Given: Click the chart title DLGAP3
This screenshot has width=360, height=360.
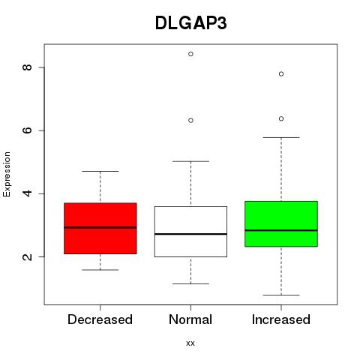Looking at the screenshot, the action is (x=191, y=23).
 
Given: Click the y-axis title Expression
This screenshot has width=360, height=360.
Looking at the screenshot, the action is (x=7, y=174).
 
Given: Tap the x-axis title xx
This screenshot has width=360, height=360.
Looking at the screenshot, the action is (x=190, y=343).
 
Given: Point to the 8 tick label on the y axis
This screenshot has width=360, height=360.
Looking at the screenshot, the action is (x=27, y=67).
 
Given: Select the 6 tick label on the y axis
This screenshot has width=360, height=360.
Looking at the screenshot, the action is (x=27, y=130).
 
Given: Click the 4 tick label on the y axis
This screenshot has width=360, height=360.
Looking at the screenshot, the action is (x=27, y=193).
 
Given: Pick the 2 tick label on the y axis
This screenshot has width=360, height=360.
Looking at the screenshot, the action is (x=27, y=256).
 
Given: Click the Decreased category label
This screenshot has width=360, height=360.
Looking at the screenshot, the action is (x=100, y=319).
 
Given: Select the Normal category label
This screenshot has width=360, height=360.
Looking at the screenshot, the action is (x=190, y=319).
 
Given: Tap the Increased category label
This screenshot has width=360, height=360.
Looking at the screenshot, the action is (x=281, y=319).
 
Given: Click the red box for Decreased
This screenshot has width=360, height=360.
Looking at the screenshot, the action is (x=100, y=228).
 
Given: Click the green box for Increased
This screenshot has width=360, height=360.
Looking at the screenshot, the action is (x=281, y=223).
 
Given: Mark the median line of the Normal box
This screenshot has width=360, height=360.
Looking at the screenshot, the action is (x=190, y=234).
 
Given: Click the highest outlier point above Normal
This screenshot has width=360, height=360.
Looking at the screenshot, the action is (x=190, y=54).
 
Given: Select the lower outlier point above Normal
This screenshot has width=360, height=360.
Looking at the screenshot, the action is (x=190, y=121).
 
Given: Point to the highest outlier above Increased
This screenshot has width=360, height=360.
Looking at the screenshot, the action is (x=281, y=74).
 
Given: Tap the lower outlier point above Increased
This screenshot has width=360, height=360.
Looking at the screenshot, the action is (x=281, y=118).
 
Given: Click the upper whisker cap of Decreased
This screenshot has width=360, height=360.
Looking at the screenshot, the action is (x=100, y=171).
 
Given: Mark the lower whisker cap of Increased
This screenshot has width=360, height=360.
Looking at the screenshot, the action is (x=281, y=295).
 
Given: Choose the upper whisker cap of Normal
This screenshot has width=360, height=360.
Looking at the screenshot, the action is (x=190, y=161).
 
